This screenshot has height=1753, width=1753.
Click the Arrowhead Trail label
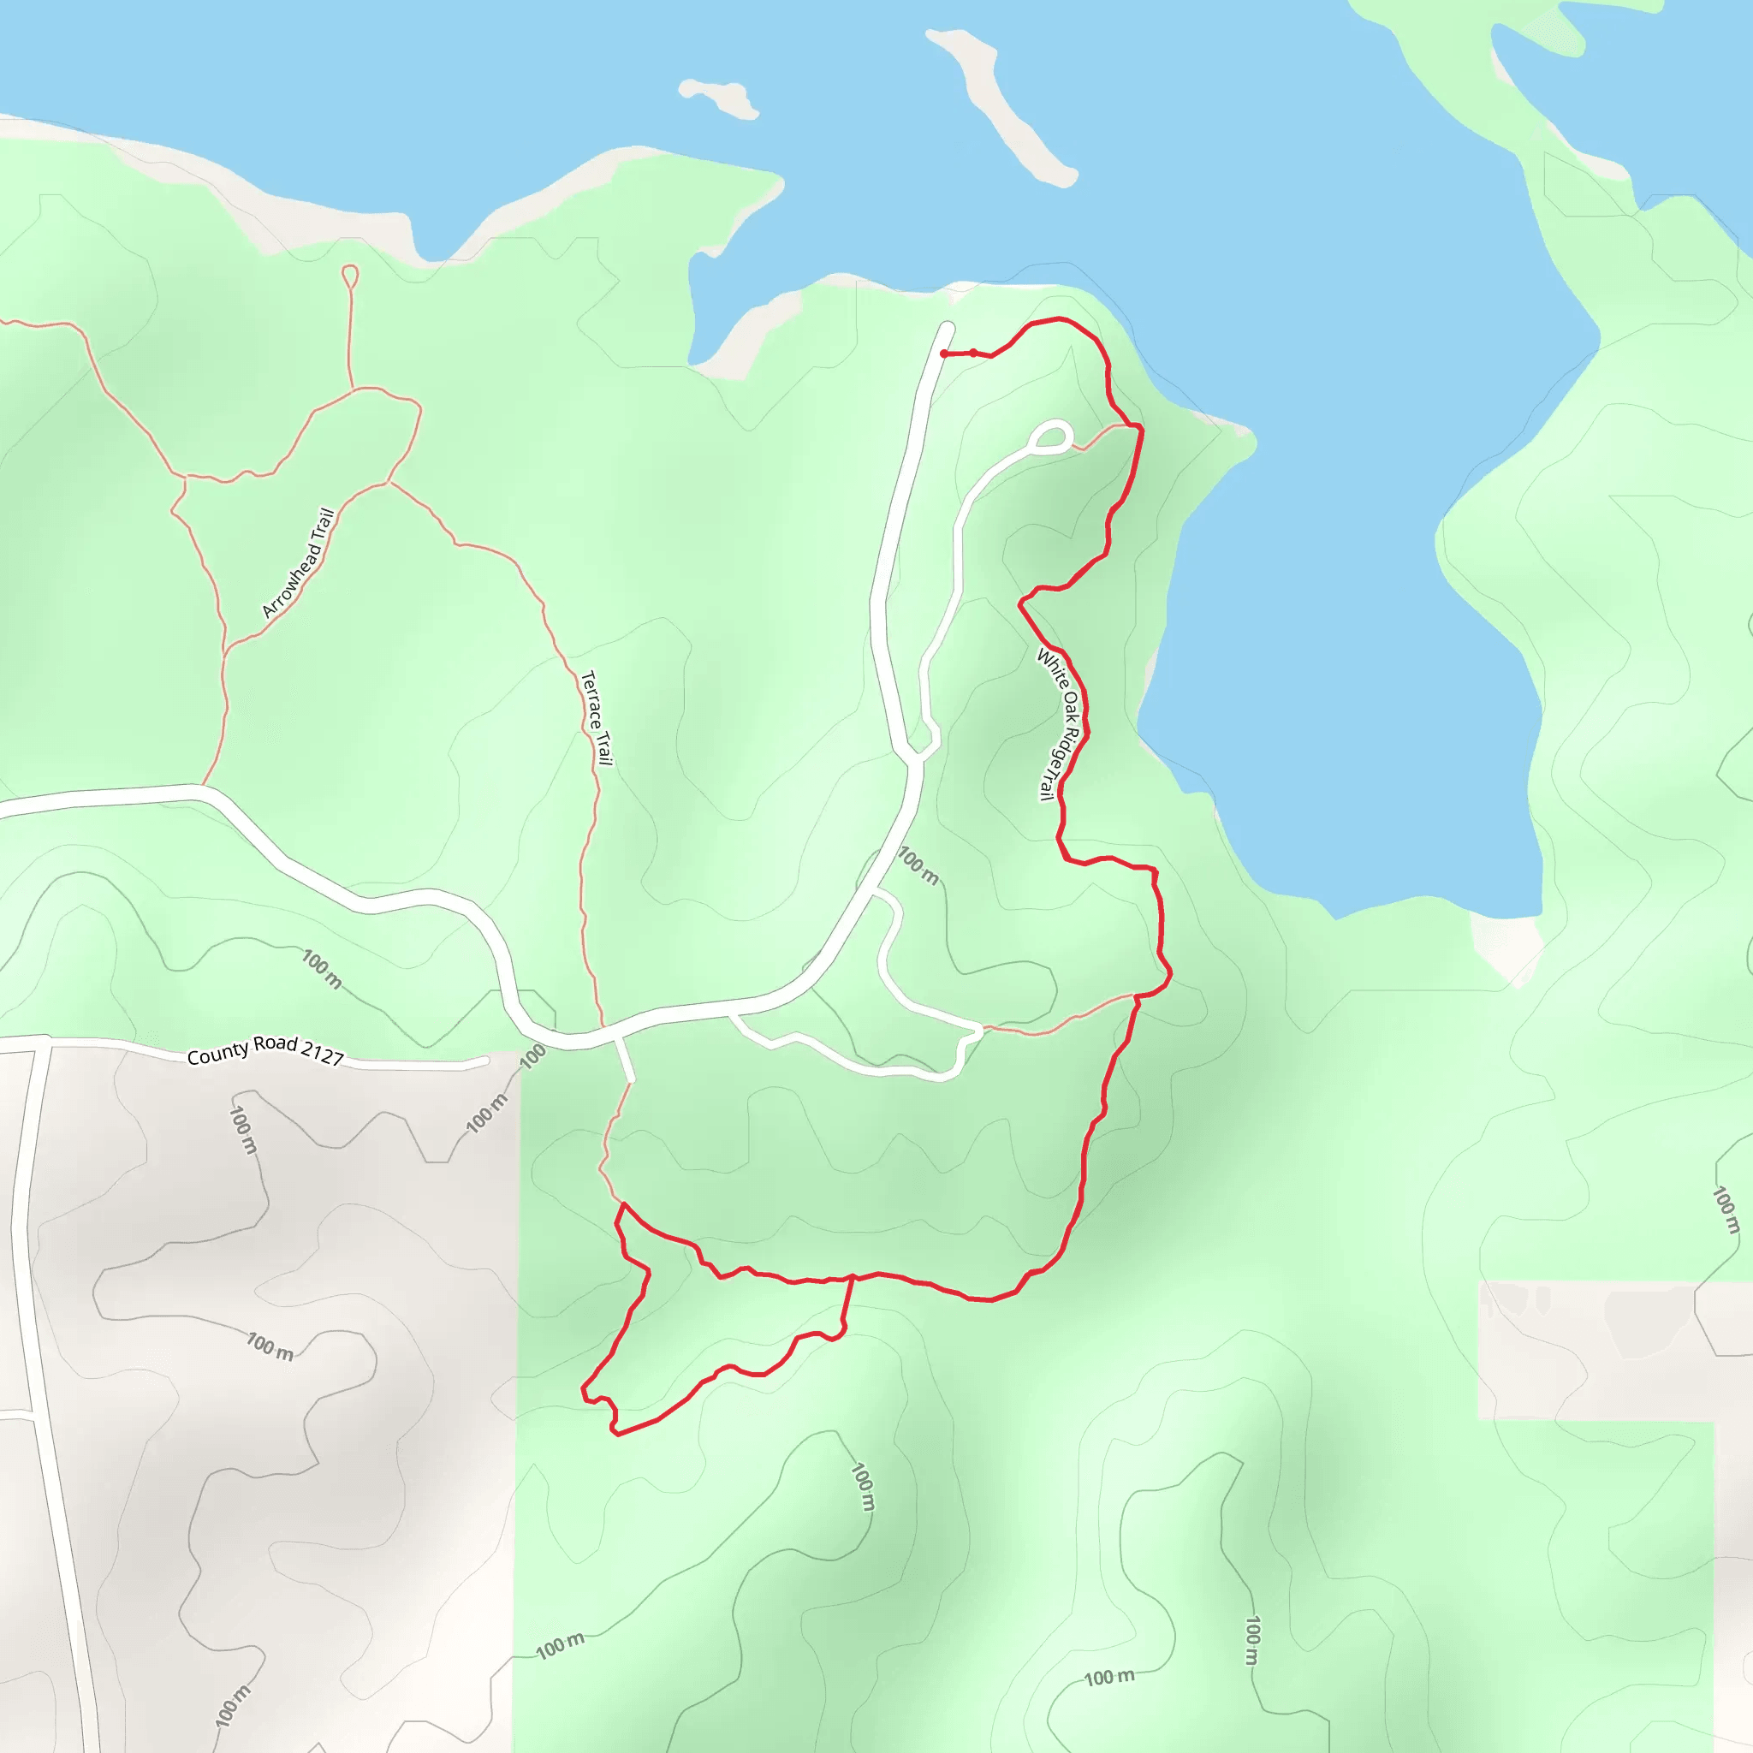(x=299, y=563)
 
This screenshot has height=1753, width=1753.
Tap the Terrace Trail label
(x=596, y=717)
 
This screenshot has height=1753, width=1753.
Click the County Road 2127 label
(x=265, y=1051)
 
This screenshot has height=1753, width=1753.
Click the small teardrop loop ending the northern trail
(x=349, y=275)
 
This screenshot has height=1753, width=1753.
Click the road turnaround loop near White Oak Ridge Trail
(x=1054, y=437)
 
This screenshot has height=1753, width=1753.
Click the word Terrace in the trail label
(x=591, y=698)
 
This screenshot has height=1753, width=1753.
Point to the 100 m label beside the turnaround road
(x=918, y=865)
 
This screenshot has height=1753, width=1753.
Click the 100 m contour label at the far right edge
(x=1725, y=1210)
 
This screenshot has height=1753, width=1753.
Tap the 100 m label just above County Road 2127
(x=321, y=969)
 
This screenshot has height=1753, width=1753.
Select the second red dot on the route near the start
(x=973, y=353)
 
